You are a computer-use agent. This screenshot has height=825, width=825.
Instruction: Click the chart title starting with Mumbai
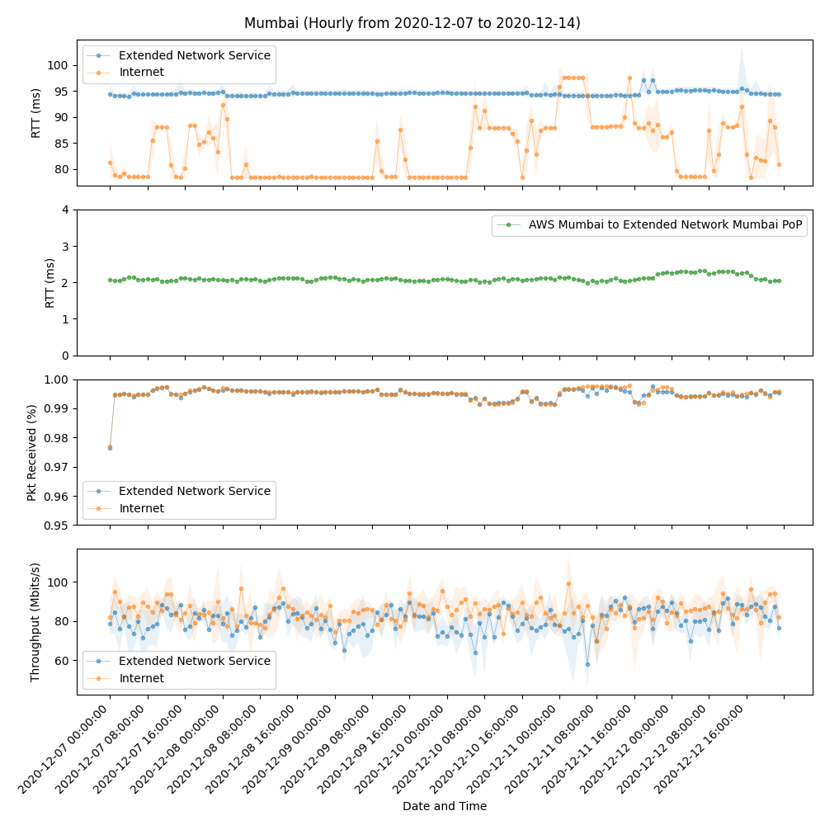point(412,23)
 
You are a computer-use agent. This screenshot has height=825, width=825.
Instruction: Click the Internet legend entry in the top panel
point(141,73)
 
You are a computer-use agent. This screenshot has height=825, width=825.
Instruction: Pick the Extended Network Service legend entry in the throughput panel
point(194,661)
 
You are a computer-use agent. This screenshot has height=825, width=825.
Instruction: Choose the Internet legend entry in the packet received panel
point(141,508)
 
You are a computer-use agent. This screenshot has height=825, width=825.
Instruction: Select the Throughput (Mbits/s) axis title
point(35,622)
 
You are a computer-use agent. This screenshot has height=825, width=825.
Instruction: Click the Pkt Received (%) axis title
point(32,452)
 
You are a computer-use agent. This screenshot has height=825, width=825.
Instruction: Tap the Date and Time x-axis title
point(444,806)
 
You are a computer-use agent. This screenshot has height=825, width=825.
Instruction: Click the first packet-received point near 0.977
point(110,447)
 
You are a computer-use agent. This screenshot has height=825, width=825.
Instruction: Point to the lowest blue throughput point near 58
point(587,664)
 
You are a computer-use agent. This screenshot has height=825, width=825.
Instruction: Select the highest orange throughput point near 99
point(568,583)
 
